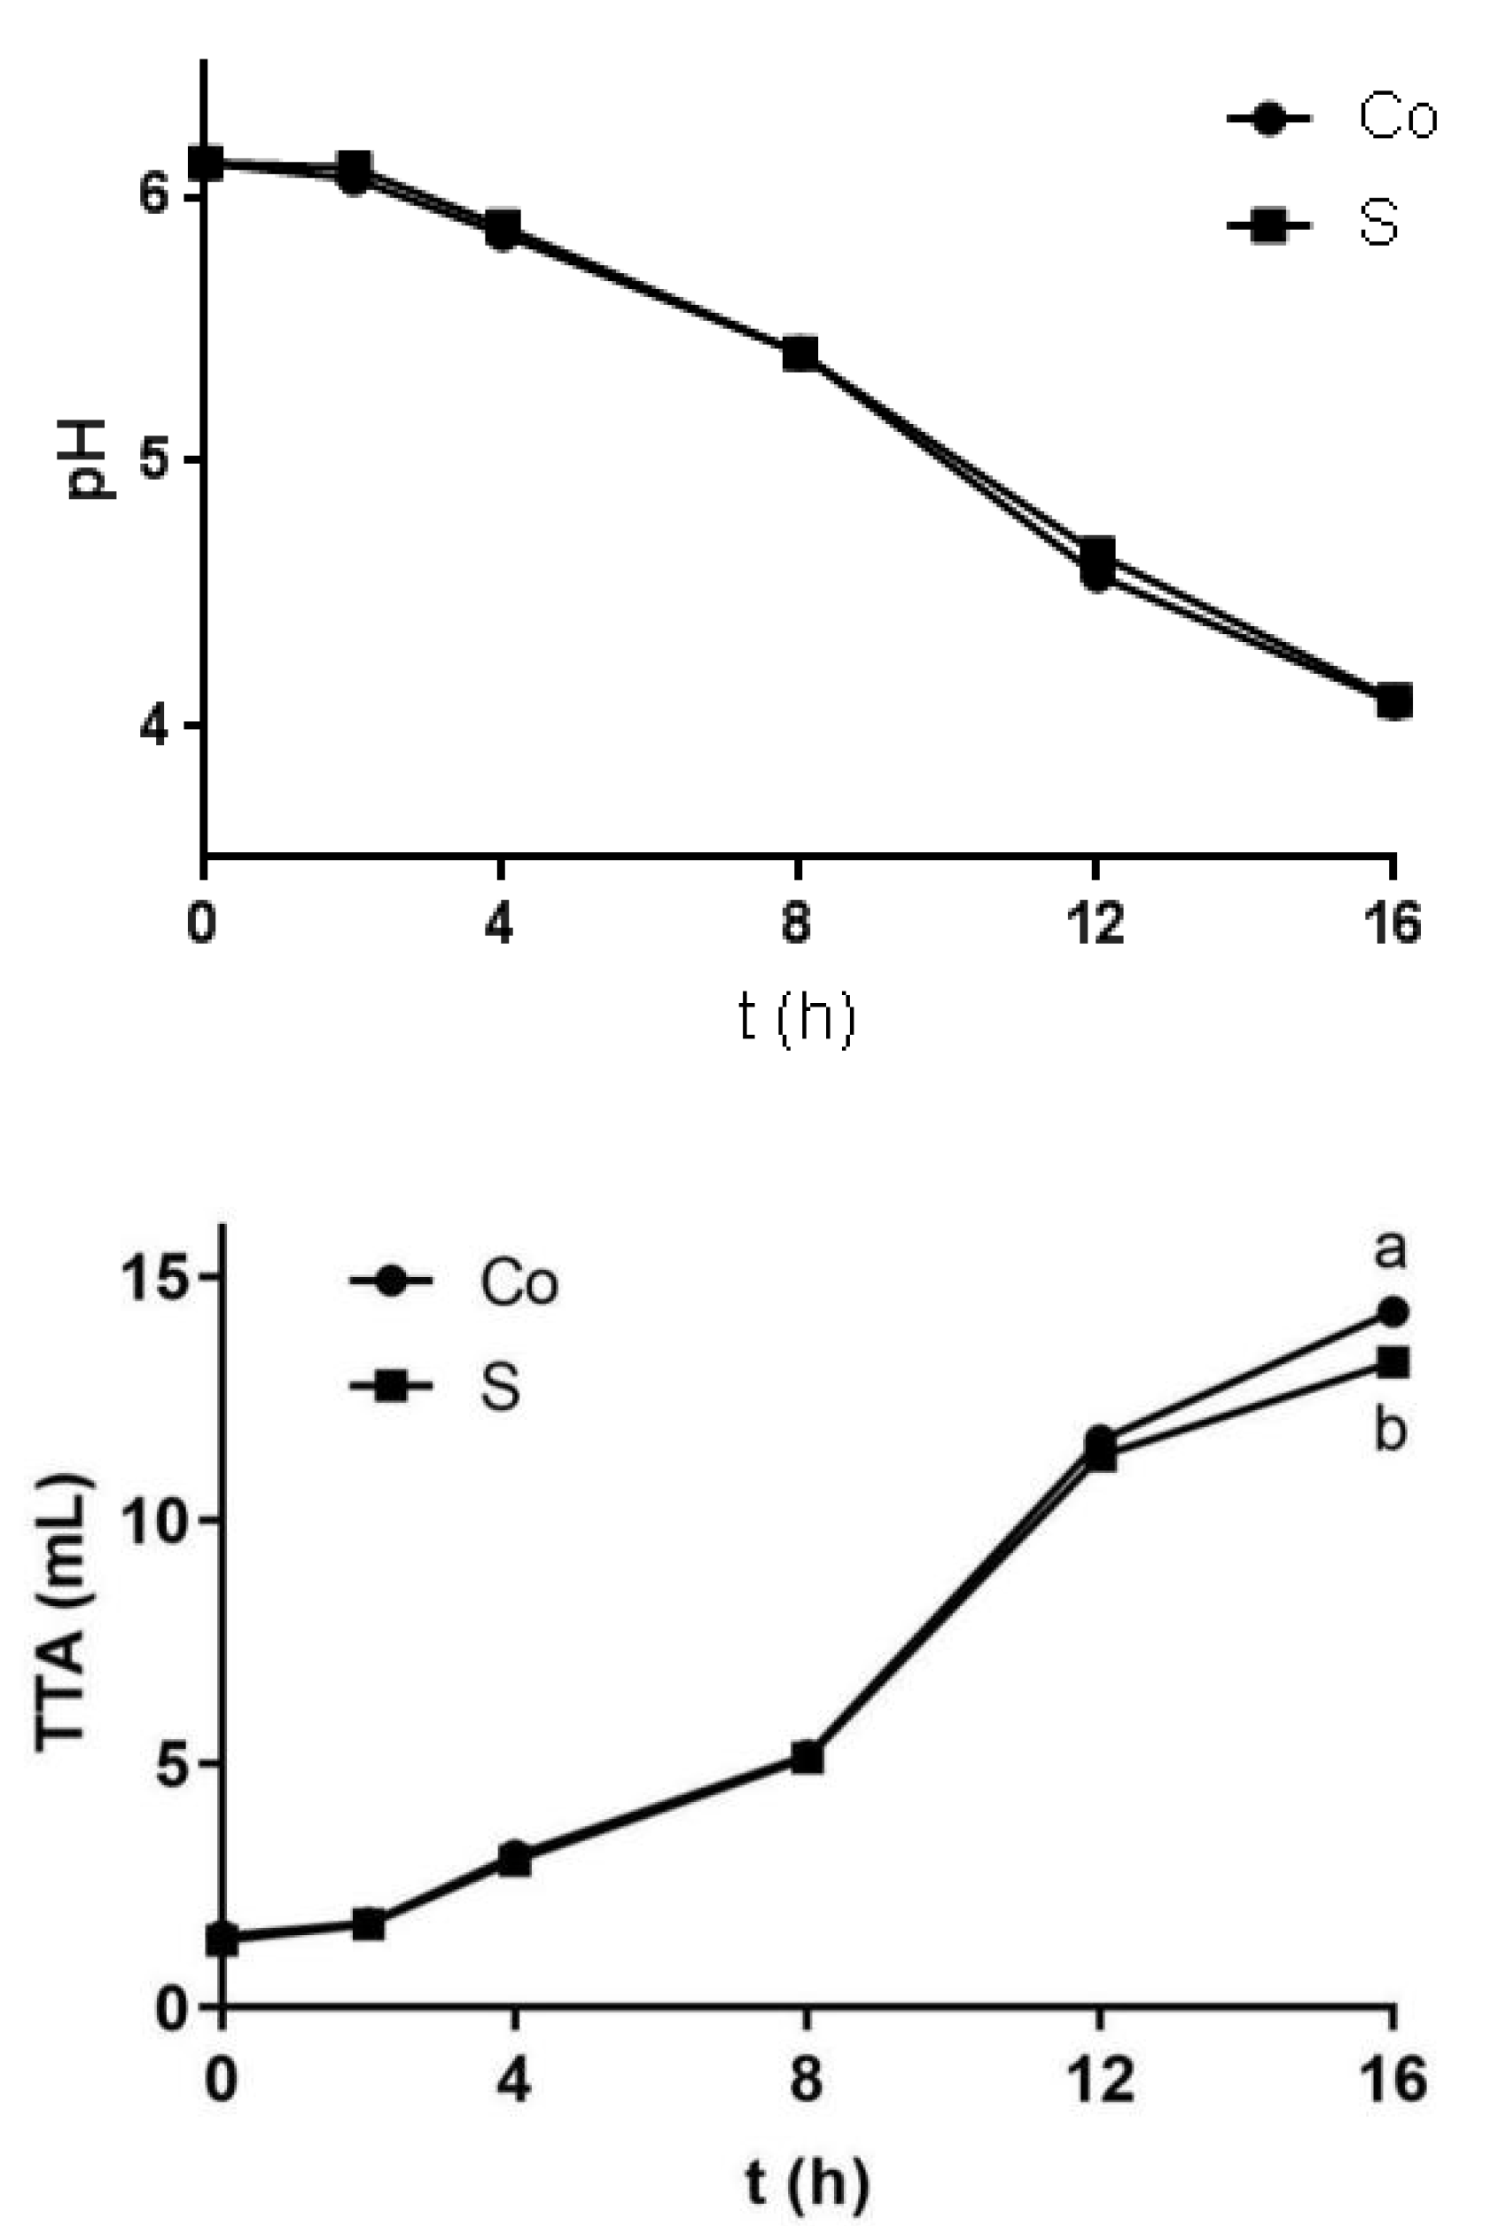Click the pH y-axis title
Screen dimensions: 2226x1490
point(89,459)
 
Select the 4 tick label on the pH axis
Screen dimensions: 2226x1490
point(154,726)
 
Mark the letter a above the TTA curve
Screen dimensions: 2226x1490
point(1389,1250)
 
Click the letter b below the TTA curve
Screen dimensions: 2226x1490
point(1389,1430)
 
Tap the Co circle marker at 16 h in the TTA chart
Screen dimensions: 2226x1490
point(1393,1313)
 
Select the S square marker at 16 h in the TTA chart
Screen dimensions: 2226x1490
point(1393,1362)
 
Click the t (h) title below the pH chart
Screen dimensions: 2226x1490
point(796,1019)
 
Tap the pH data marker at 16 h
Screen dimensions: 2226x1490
point(1393,702)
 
